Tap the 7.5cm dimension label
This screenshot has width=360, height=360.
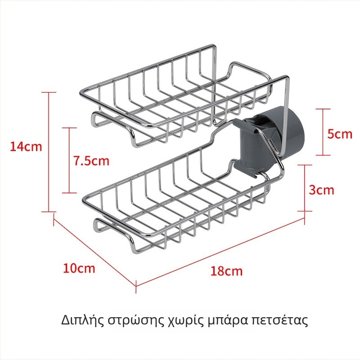point(91,161)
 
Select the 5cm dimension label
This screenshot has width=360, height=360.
point(340,134)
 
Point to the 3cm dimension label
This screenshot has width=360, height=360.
point(321,190)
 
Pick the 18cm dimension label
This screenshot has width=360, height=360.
point(226,271)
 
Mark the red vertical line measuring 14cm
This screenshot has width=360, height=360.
point(49,152)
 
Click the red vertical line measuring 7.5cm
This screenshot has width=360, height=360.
point(69,160)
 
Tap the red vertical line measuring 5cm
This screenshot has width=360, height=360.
point(323,132)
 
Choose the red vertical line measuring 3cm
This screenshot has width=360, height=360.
point(305,188)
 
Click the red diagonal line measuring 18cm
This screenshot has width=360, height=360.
point(220,252)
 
